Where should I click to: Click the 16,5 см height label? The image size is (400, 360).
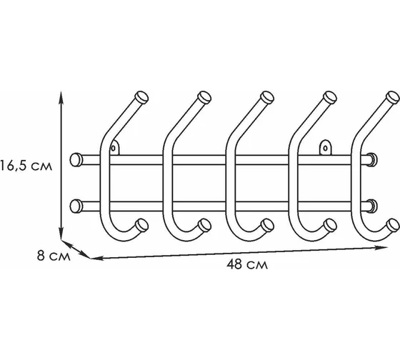tap(26, 166)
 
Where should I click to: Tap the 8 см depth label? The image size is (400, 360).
tap(54, 256)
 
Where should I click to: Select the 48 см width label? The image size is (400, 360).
tap(247, 264)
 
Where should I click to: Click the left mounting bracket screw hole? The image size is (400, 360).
tap(114, 148)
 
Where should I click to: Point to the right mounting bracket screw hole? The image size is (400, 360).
tap(326, 149)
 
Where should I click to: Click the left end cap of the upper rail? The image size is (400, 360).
tap(76, 160)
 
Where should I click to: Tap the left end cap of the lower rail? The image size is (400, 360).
tap(76, 206)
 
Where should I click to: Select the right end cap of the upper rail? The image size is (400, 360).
tap(372, 160)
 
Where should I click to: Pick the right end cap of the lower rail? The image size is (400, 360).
tap(372, 206)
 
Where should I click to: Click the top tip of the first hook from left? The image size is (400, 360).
tap(141, 97)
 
